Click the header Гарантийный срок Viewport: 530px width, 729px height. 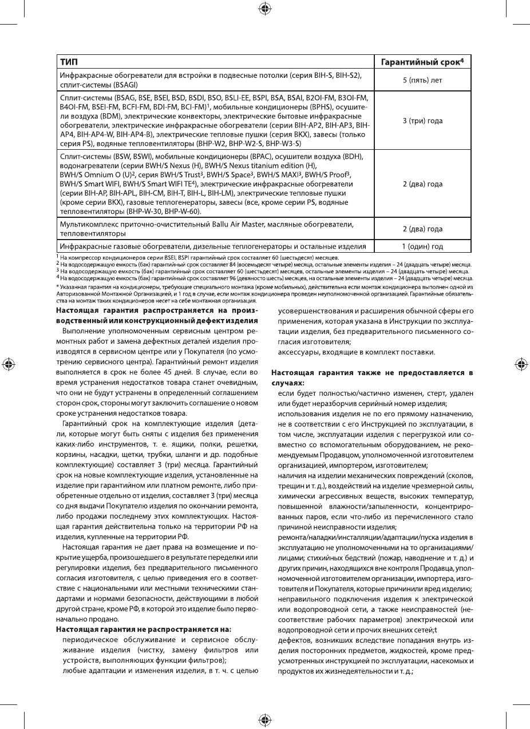pos(422,61)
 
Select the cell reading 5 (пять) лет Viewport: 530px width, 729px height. pos(422,80)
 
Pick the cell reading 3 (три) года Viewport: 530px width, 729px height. pos(422,121)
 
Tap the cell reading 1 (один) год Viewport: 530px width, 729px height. pos(422,246)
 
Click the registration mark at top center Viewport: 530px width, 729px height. pos(265,8)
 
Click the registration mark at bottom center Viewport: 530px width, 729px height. pos(265,719)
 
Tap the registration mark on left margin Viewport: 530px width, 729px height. pos(7,364)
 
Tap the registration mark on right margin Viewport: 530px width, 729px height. pos(521,364)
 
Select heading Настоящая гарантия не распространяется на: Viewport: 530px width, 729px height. pos(143,629)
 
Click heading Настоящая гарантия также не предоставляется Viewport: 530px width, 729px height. pos(372,373)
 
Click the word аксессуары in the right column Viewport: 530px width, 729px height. pos(299,351)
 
